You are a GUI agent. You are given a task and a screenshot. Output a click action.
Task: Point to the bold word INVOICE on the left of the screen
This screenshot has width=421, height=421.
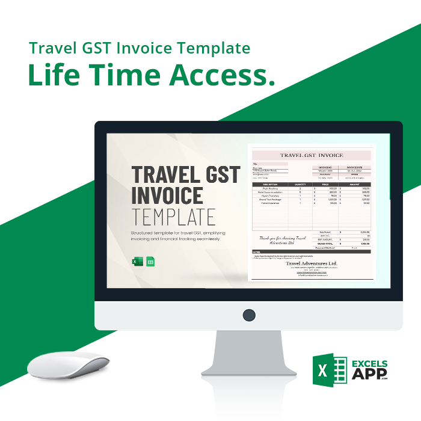[x=167, y=195]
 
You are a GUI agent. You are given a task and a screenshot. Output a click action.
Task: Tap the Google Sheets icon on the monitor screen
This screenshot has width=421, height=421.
[x=150, y=262]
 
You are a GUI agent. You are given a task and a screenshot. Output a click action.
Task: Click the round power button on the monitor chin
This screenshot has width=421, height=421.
[x=249, y=315]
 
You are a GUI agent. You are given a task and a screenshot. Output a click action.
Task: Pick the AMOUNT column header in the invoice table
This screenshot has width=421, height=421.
[x=355, y=185]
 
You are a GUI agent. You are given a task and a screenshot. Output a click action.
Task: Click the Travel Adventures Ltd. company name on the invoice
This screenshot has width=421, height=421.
[x=312, y=263]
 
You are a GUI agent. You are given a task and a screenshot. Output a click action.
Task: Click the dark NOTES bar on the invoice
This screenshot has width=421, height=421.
[x=312, y=251]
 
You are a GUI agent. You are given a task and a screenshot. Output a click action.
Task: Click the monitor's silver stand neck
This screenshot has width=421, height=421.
[x=249, y=352]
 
